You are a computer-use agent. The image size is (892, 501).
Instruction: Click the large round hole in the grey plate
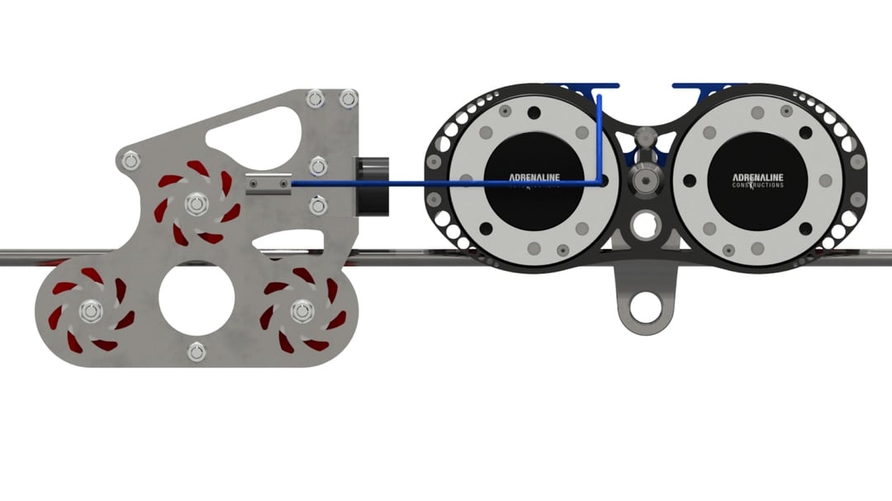click(197, 298)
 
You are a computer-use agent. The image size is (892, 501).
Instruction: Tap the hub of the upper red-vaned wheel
click(196, 203)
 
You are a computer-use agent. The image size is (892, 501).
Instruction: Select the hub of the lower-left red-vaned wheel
click(90, 312)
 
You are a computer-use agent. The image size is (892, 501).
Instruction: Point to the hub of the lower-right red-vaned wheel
click(301, 312)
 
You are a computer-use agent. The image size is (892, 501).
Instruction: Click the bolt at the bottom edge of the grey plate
click(196, 352)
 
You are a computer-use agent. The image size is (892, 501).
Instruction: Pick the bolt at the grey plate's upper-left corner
click(130, 159)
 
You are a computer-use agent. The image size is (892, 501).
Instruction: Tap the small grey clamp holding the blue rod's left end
click(268, 183)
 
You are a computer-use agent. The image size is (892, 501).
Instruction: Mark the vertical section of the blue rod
click(600, 136)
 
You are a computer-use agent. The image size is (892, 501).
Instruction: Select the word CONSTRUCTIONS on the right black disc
click(757, 186)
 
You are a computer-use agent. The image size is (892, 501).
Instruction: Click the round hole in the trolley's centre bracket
click(644, 223)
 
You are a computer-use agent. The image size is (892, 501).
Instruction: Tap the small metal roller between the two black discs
click(645, 177)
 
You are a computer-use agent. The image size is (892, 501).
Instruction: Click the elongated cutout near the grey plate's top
click(253, 133)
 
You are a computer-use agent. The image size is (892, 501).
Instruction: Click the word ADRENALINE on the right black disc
click(757, 177)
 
